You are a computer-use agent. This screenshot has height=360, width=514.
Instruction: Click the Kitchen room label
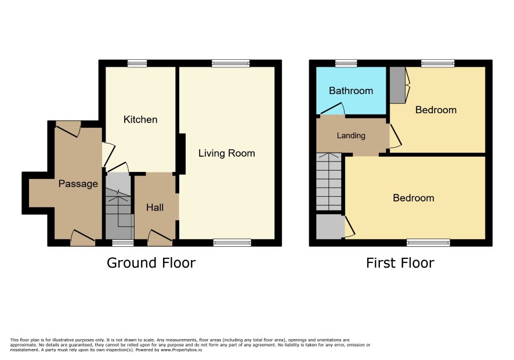pos(140,120)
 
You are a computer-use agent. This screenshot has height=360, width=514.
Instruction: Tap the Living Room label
pos(226,153)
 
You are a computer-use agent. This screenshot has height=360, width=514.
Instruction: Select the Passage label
pos(78,183)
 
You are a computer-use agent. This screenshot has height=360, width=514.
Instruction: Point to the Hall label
pos(155,207)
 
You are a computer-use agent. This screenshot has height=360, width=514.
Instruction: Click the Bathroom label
pos(351,91)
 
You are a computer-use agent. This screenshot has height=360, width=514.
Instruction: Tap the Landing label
pos(351,135)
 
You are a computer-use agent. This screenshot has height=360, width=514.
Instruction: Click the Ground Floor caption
pos(151,263)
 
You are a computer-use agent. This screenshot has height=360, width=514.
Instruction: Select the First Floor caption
pos(400,263)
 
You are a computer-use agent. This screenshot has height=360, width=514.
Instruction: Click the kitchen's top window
pos(137,63)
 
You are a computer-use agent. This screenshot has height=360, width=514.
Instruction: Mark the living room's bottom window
pos(232,243)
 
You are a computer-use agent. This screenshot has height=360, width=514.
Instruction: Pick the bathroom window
pos(346,63)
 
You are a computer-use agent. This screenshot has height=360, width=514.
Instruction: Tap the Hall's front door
pos(160,237)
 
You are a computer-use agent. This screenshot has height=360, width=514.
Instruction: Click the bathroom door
pos(332,109)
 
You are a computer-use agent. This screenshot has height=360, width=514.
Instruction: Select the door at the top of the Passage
pos(68,128)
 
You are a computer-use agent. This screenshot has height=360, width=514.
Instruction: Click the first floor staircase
pos(329,182)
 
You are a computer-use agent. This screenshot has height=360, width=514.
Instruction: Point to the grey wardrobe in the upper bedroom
pos(397,85)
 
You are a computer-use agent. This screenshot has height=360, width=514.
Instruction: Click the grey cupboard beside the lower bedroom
pos(331,226)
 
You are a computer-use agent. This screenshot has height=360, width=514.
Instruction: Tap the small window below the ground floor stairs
pos(123,243)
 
